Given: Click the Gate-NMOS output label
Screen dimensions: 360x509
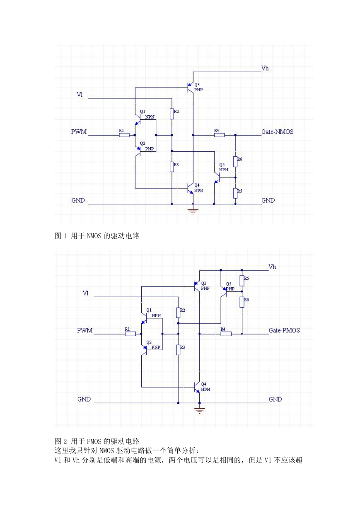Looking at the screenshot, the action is click(x=277, y=132).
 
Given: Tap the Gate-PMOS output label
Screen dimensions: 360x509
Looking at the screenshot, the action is click(x=284, y=330).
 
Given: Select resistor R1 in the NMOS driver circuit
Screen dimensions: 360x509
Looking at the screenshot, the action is click(x=124, y=135).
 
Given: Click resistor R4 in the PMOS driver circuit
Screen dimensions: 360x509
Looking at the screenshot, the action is click(x=226, y=334).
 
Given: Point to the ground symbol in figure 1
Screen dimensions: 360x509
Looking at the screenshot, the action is click(x=193, y=211).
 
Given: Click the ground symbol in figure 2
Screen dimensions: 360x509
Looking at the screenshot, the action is click(x=199, y=410).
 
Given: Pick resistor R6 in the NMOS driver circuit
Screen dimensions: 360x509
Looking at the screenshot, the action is click(x=235, y=162).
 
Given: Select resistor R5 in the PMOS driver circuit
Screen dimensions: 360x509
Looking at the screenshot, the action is click(x=242, y=281).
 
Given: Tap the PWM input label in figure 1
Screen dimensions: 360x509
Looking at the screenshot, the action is click(x=79, y=132).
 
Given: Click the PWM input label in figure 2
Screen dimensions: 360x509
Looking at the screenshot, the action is click(x=85, y=330).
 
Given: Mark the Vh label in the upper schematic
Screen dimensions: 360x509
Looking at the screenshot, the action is click(x=265, y=68).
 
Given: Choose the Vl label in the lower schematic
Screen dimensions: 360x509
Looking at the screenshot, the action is click(x=85, y=293).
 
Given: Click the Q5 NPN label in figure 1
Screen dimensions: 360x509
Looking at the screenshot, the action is click(x=223, y=167).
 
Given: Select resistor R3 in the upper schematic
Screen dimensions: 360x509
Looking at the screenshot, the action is click(x=172, y=167).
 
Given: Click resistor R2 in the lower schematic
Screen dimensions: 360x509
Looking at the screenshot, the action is click(x=178, y=313).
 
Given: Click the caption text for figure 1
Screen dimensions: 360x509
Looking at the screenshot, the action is click(x=97, y=236).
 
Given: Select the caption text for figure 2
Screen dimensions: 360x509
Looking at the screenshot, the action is click(x=97, y=441).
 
